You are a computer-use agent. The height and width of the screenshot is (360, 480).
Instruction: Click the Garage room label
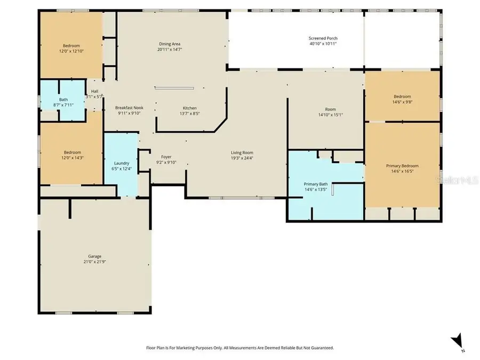pyautogui.click(x=94, y=256)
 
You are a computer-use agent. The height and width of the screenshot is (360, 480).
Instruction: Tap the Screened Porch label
pyautogui.click(x=323, y=38)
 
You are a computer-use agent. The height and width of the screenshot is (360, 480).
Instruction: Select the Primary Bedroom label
pyautogui.click(x=402, y=166)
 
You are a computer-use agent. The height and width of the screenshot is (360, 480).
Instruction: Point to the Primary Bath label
pyautogui.click(x=316, y=184)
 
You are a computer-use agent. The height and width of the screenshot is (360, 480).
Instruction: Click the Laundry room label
pyautogui.click(x=122, y=163)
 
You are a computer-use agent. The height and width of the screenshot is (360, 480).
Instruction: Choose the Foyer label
pyautogui.click(x=166, y=157)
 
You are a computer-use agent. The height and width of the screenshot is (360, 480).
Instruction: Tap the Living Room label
pyautogui.click(x=242, y=153)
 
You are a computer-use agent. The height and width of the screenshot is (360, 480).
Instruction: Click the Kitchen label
pyautogui.click(x=189, y=108)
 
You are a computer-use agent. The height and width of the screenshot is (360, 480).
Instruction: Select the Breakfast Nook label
pyautogui.click(x=129, y=107)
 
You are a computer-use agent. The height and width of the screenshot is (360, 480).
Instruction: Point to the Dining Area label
pyautogui.click(x=170, y=44)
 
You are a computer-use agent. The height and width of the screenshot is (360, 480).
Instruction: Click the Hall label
pyautogui.click(x=94, y=91)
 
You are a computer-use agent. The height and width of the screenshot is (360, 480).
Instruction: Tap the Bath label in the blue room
pyautogui.click(x=63, y=100)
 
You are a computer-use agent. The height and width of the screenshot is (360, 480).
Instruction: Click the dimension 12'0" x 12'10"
pyautogui.click(x=71, y=51)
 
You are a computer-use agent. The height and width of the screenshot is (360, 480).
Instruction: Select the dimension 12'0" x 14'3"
pyautogui.click(x=73, y=158)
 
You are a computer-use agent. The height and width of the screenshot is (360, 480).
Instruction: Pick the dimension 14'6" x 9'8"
pyautogui.click(x=402, y=102)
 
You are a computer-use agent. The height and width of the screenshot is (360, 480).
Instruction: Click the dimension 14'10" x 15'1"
pyautogui.click(x=330, y=115)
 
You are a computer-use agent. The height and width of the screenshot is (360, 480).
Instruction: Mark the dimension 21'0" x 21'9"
pyautogui.click(x=94, y=262)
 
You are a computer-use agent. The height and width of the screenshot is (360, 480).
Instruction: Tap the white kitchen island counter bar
pyautogui.click(x=174, y=88)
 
